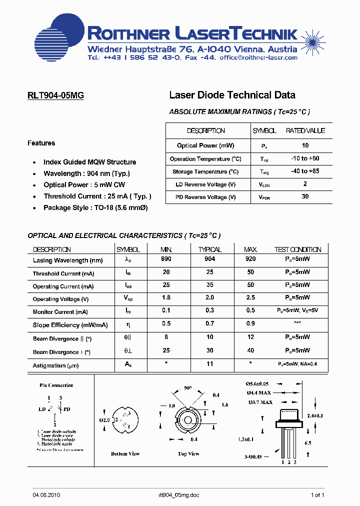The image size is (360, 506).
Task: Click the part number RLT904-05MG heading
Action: pyautogui.click(x=55, y=95)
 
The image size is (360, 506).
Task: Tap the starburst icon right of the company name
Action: pyautogui.click(x=312, y=38)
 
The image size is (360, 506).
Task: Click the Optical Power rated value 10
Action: pyautogui.click(x=305, y=145)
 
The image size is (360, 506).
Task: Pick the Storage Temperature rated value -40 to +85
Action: pyautogui.click(x=305, y=171)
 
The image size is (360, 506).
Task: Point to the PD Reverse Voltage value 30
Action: pyautogui.click(x=305, y=196)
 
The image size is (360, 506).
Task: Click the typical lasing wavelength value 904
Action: pyautogui.click(x=209, y=259)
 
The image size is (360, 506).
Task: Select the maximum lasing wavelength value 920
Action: pyautogui.click(x=250, y=259)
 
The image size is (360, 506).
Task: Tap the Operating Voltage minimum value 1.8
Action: pyautogui.click(x=166, y=298)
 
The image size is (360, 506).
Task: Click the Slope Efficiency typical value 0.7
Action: pyautogui.click(x=209, y=324)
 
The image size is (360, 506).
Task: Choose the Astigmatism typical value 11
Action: pyautogui.click(x=209, y=365)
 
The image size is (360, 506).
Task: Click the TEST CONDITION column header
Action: pyautogui.click(x=297, y=249)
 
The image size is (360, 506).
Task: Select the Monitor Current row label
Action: pyautogui.click(x=60, y=312)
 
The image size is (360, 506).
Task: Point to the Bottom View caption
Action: pyautogui.click(x=125, y=453)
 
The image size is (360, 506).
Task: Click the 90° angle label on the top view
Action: pyautogui.click(x=187, y=387)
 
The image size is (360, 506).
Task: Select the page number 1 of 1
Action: pyautogui.click(x=317, y=495)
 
